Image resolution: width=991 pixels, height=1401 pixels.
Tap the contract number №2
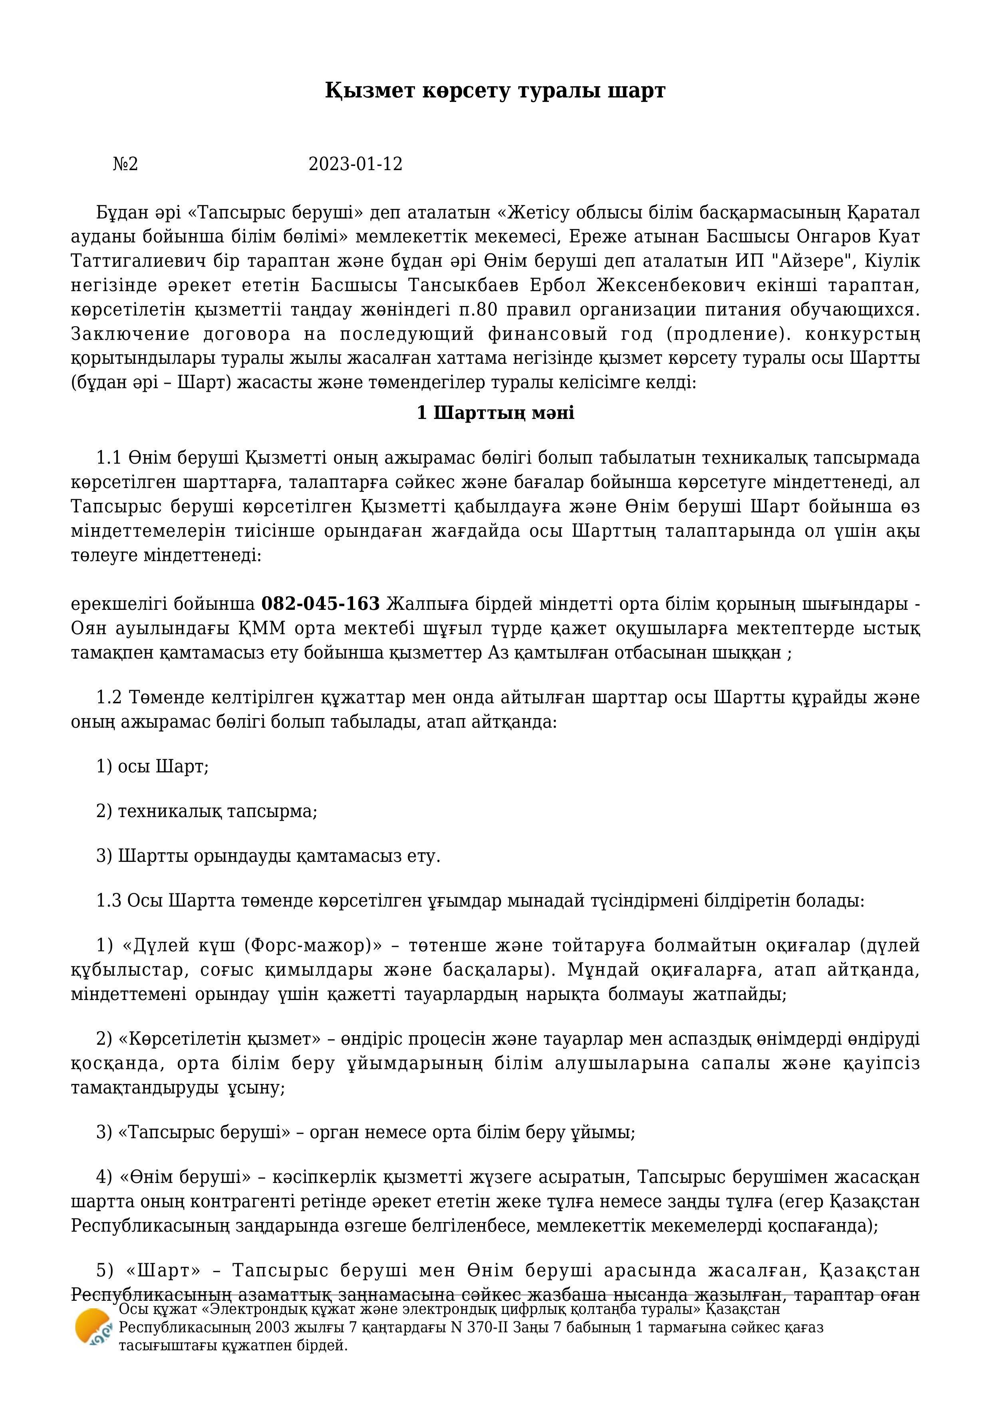pos(126,164)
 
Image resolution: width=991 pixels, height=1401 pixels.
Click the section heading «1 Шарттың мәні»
pos(495,413)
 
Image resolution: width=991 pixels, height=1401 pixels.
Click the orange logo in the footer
pos(93,1327)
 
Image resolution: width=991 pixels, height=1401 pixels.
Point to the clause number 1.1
pos(109,458)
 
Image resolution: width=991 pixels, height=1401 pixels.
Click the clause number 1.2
pos(109,697)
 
